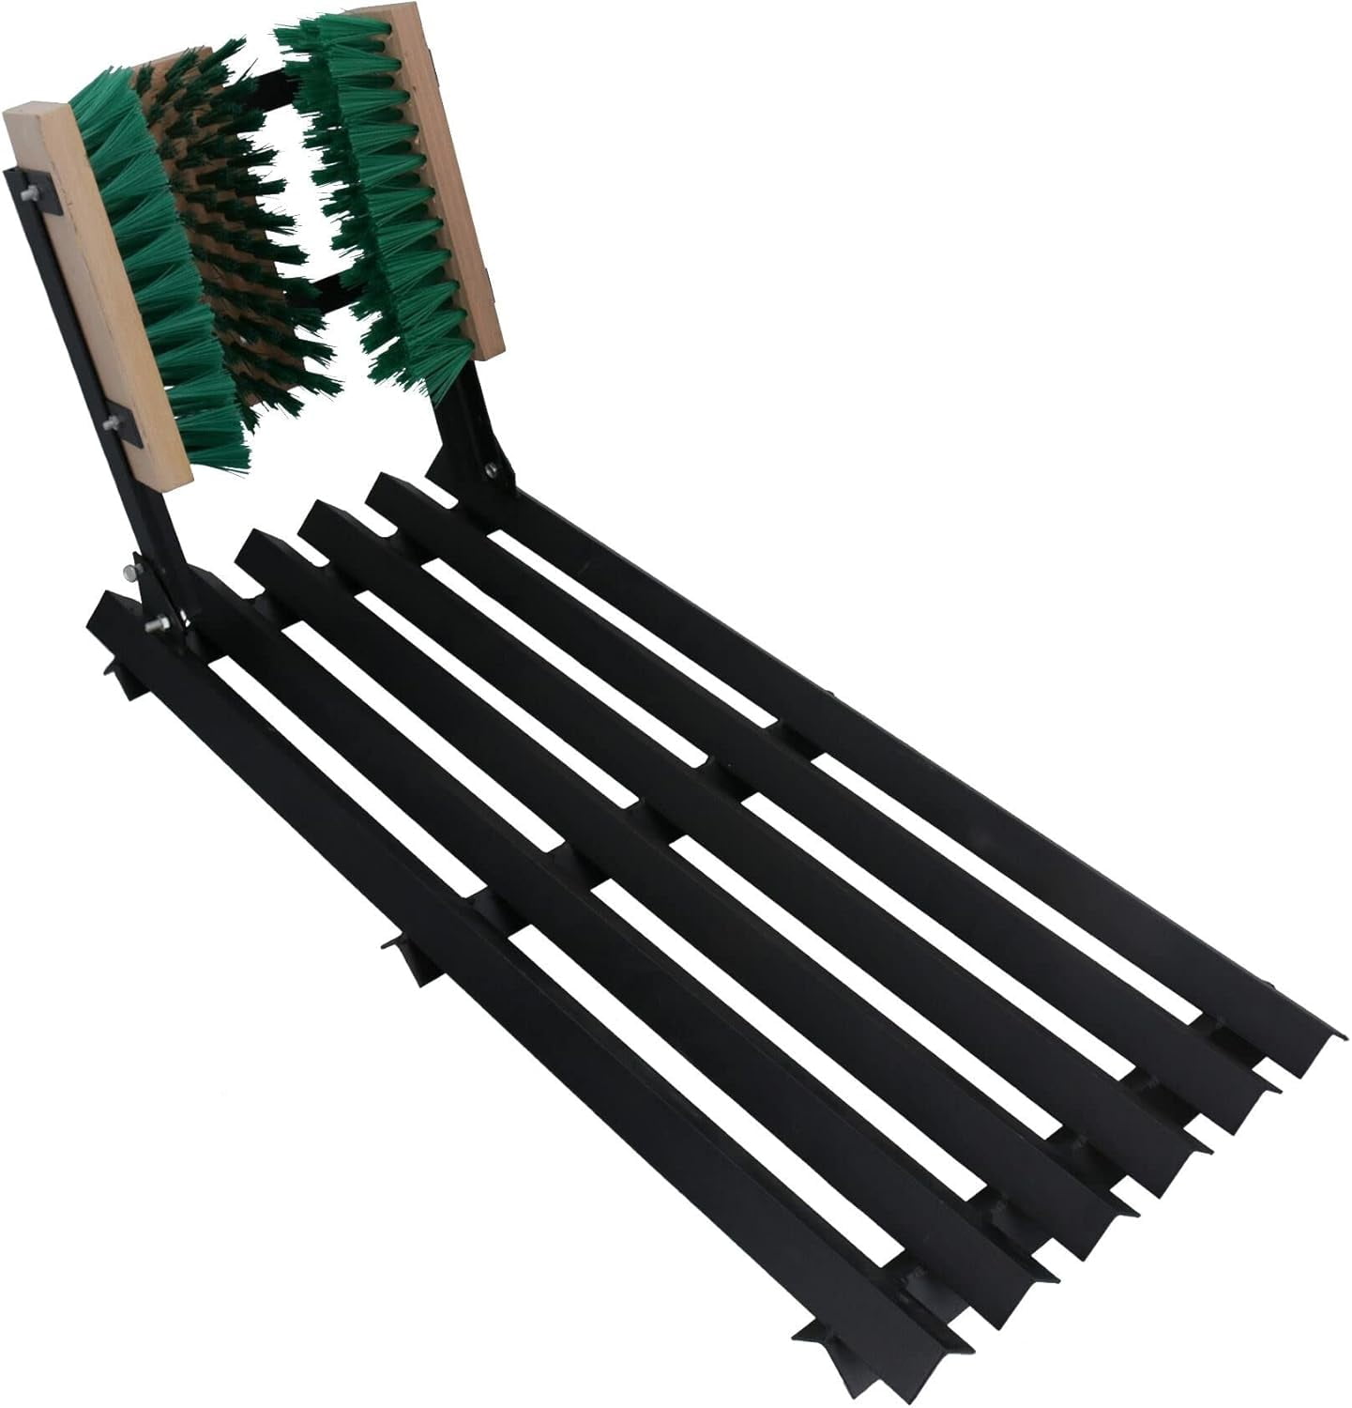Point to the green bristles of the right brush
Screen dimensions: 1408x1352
tap(375, 207)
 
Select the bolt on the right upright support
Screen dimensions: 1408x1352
tap(488, 468)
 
